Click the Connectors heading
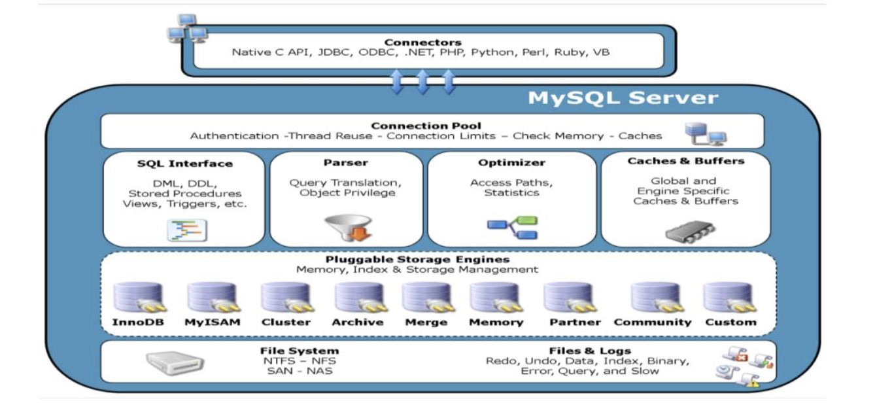click(422, 43)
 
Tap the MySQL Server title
click(623, 98)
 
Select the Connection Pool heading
click(426, 126)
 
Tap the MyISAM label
click(212, 323)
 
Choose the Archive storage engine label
click(357, 323)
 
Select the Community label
click(652, 323)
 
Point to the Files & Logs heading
click(587, 351)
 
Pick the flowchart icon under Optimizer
click(512, 226)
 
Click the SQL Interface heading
click(184, 164)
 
